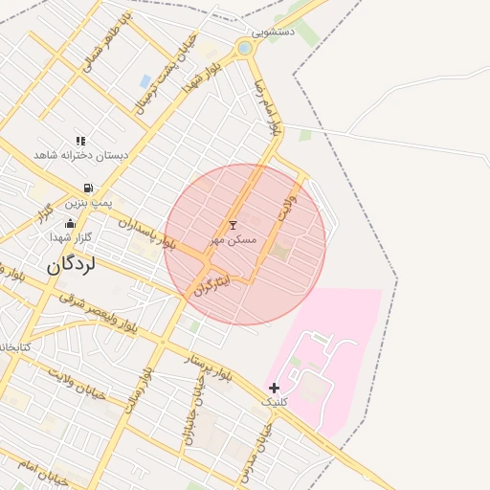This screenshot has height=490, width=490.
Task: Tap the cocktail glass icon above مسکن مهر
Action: [233, 225]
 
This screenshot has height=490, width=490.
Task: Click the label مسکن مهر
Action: [233, 239]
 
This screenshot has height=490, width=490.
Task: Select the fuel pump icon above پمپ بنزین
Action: [89, 189]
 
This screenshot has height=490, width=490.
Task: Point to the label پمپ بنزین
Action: [89, 203]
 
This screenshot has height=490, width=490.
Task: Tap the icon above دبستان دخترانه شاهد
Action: [80, 141]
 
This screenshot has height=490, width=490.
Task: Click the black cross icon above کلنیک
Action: [275, 388]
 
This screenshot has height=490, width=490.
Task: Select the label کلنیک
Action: [275, 402]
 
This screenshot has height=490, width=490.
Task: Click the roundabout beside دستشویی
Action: [245, 47]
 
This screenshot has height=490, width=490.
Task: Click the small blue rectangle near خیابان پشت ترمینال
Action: [145, 81]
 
